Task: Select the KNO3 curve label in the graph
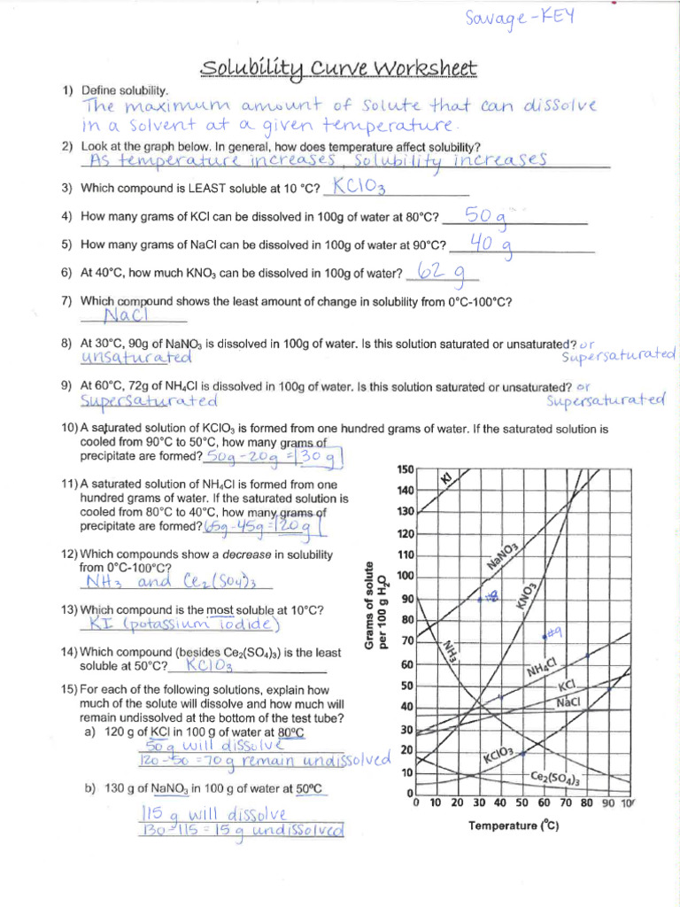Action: [x=526, y=595]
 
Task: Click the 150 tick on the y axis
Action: [x=404, y=469]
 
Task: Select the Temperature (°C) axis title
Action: [x=514, y=826]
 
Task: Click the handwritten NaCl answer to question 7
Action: [x=130, y=315]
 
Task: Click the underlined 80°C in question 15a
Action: [x=290, y=733]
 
